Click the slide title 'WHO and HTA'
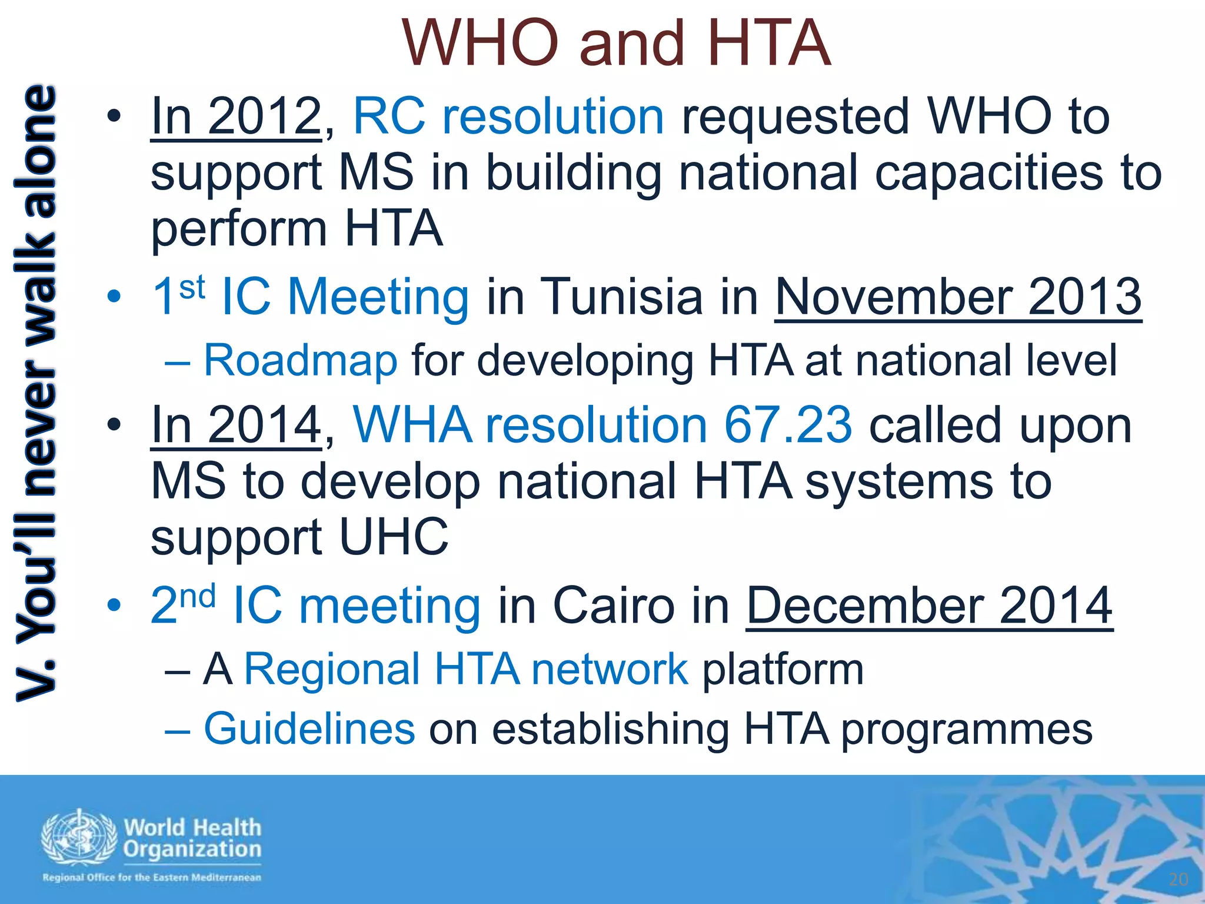[617, 44]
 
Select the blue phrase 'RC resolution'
[508, 116]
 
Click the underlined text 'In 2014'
[235, 425]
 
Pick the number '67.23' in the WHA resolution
[787, 425]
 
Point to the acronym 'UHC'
[394, 537]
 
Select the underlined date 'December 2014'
[930, 606]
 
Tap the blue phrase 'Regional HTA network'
[466, 669]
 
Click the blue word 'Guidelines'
[309, 729]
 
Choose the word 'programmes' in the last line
[967, 730]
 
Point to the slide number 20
[1179, 879]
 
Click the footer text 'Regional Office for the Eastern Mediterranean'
[152, 878]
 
